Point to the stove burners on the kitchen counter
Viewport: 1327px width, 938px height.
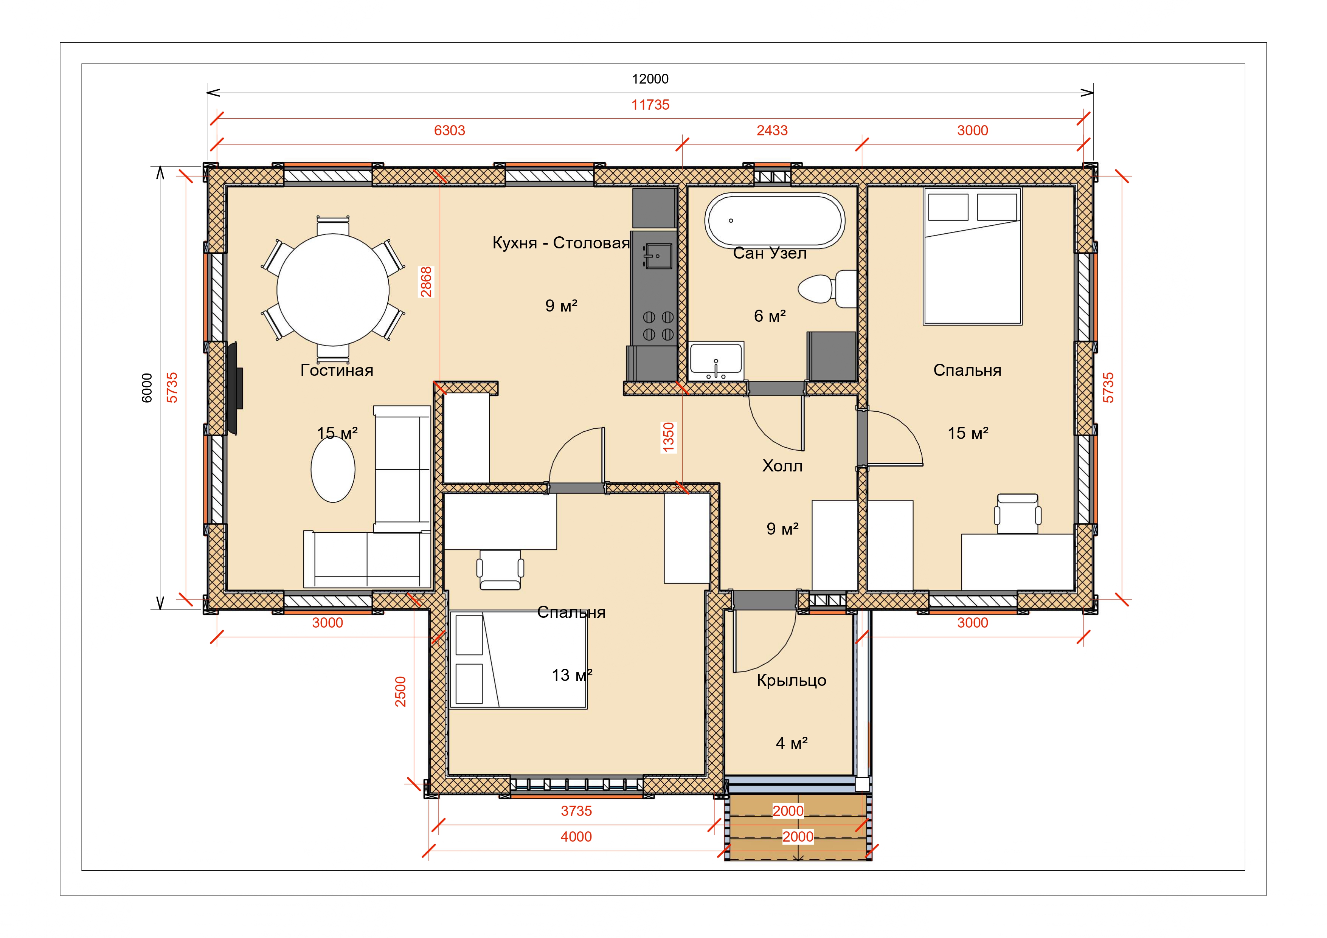pyautogui.click(x=658, y=326)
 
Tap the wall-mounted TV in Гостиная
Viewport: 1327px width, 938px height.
pyautogui.click(x=234, y=388)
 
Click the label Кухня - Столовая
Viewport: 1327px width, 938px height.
pyautogui.click(x=560, y=243)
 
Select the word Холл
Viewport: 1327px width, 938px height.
pyautogui.click(x=782, y=466)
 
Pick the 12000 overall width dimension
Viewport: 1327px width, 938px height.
pyautogui.click(x=650, y=79)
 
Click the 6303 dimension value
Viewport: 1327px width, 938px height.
pyautogui.click(x=450, y=130)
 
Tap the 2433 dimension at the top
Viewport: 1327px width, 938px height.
pyautogui.click(x=772, y=130)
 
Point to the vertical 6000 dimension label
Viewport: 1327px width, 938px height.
pyautogui.click(x=147, y=388)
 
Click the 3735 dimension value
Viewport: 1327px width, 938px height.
pyautogui.click(x=576, y=811)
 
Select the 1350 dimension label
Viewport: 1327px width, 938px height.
pyautogui.click(x=669, y=437)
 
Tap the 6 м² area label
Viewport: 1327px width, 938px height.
pyautogui.click(x=770, y=316)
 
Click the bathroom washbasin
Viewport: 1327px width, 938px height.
pyautogui.click(x=716, y=361)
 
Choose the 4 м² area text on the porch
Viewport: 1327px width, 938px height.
pyautogui.click(x=791, y=743)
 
